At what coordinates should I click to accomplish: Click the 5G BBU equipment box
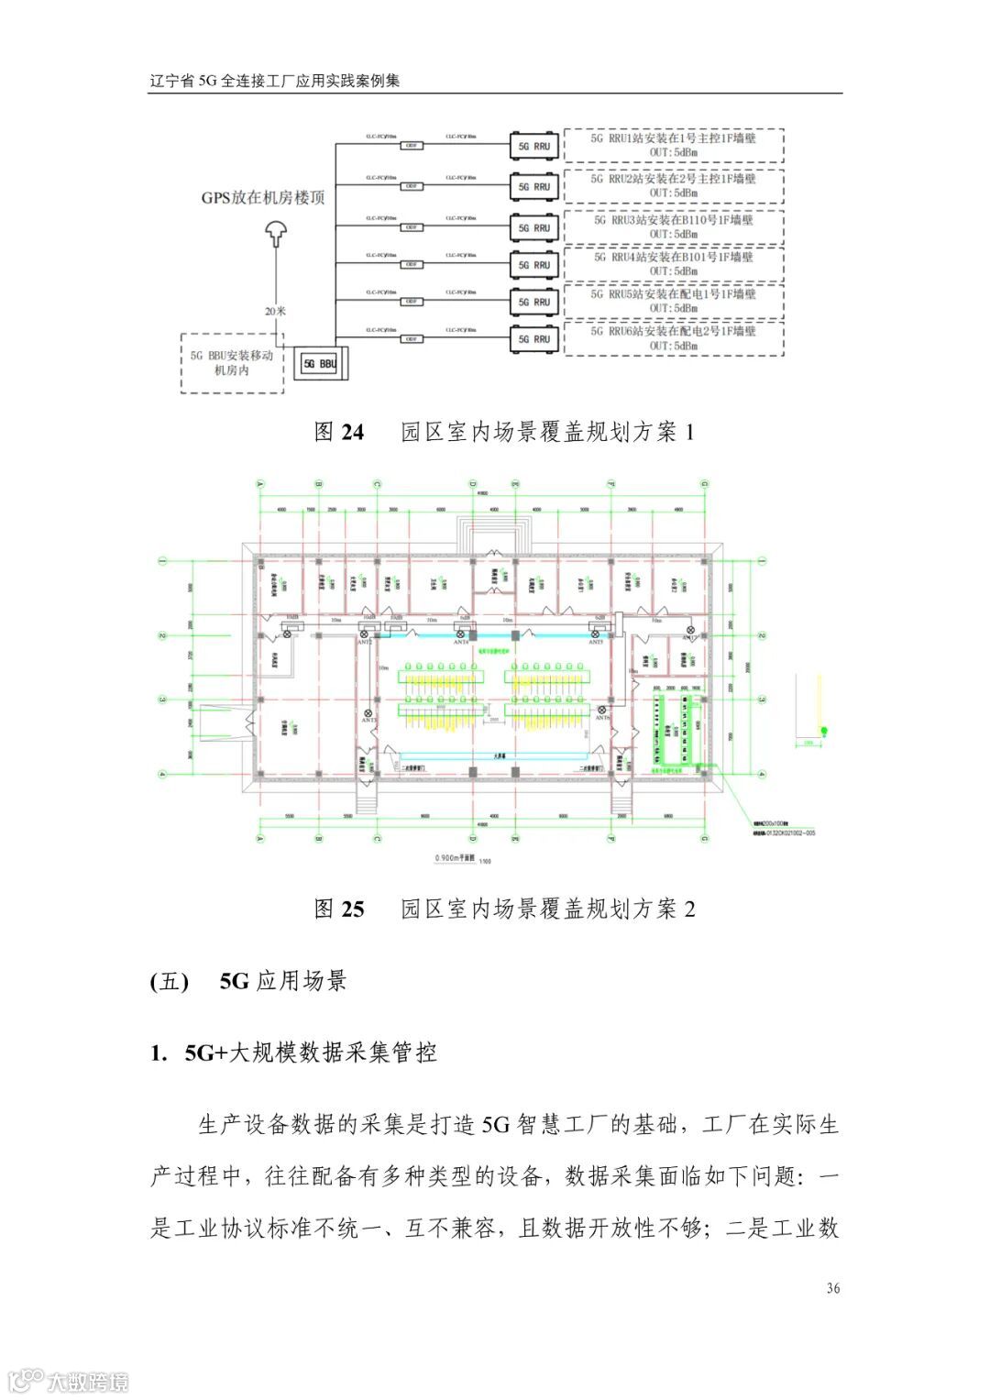click(x=320, y=363)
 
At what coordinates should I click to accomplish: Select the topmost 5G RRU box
click(x=533, y=146)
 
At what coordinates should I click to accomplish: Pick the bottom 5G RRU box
click(x=533, y=339)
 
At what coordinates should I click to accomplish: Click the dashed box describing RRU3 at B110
click(x=674, y=227)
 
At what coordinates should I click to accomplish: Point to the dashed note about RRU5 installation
click(x=674, y=302)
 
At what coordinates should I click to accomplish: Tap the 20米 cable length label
click(x=275, y=311)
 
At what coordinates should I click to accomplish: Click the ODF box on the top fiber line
click(x=412, y=146)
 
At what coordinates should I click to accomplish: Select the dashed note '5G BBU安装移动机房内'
click(x=232, y=363)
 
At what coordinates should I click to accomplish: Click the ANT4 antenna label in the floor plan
click(x=461, y=643)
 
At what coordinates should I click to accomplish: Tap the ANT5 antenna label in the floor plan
click(x=596, y=643)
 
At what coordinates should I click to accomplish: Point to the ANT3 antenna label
click(x=365, y=643)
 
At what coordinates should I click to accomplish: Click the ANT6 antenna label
click(x=602, y=719)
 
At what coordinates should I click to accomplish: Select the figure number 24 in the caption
click(x=352, y=433)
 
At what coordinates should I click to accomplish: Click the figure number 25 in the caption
click(x=352, y=909)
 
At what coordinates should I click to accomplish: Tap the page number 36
click(x=832, y=1288)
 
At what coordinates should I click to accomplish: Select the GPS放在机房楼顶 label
click(x=263, y=198)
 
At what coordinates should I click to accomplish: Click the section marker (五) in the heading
click(x=169, y=982)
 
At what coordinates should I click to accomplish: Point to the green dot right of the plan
click(x=823, y=730)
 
